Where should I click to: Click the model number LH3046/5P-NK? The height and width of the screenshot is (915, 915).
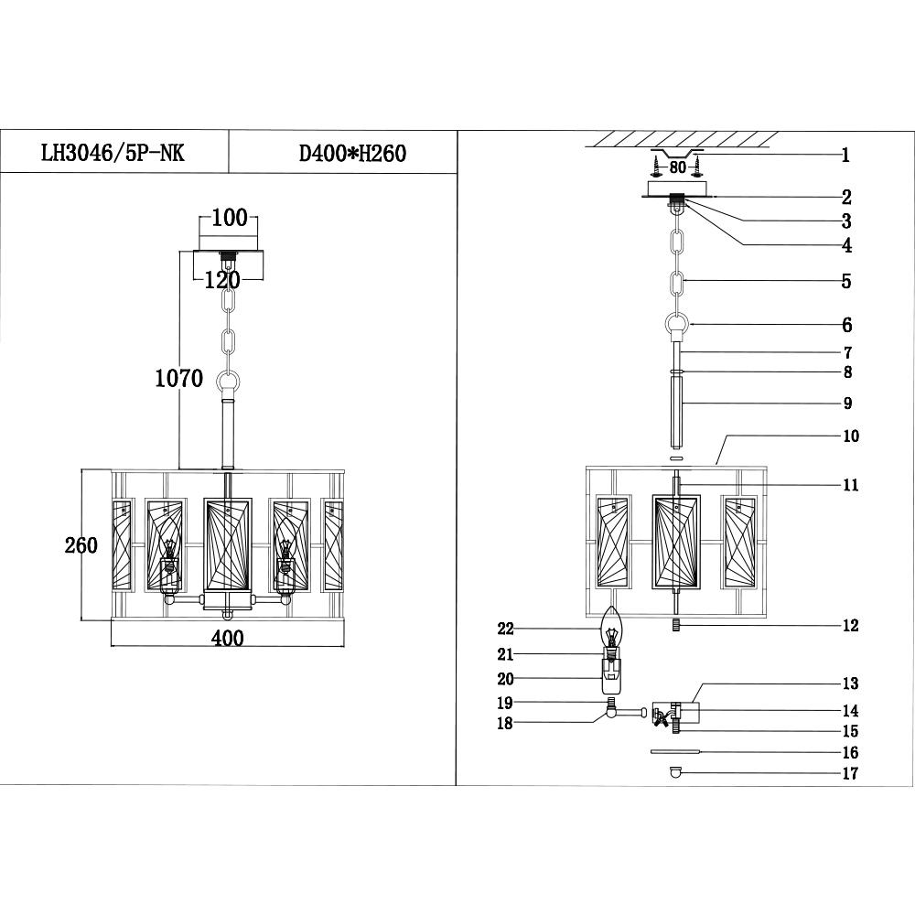click(113, 152)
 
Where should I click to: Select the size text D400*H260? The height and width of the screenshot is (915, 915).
click(352, 153)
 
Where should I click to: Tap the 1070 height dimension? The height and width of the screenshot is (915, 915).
click(178, 378)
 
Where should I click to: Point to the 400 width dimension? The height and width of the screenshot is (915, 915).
click(227, 639)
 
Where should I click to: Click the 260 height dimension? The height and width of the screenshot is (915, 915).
click(81, 545)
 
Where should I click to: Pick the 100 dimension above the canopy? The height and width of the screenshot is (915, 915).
click(229, 218)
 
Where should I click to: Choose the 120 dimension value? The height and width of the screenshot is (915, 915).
click(222, 280)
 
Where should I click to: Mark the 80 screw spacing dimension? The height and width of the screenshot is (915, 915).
click(677, 167)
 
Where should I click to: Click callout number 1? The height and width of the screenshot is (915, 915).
click(846, 156)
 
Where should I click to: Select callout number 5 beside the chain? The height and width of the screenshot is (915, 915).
click(846, 282)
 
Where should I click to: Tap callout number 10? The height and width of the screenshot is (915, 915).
click(851, 436)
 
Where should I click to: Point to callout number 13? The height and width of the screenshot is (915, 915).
click(851, 684)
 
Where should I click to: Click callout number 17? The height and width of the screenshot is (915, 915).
click(851, 774)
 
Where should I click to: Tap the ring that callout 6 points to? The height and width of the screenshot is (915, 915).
click(677, 326)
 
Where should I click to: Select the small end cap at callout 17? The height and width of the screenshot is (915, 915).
click(676, 773)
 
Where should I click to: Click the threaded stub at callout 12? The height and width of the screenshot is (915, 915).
click(676, 626)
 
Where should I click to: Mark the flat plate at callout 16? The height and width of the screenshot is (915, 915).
click(674, 751)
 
